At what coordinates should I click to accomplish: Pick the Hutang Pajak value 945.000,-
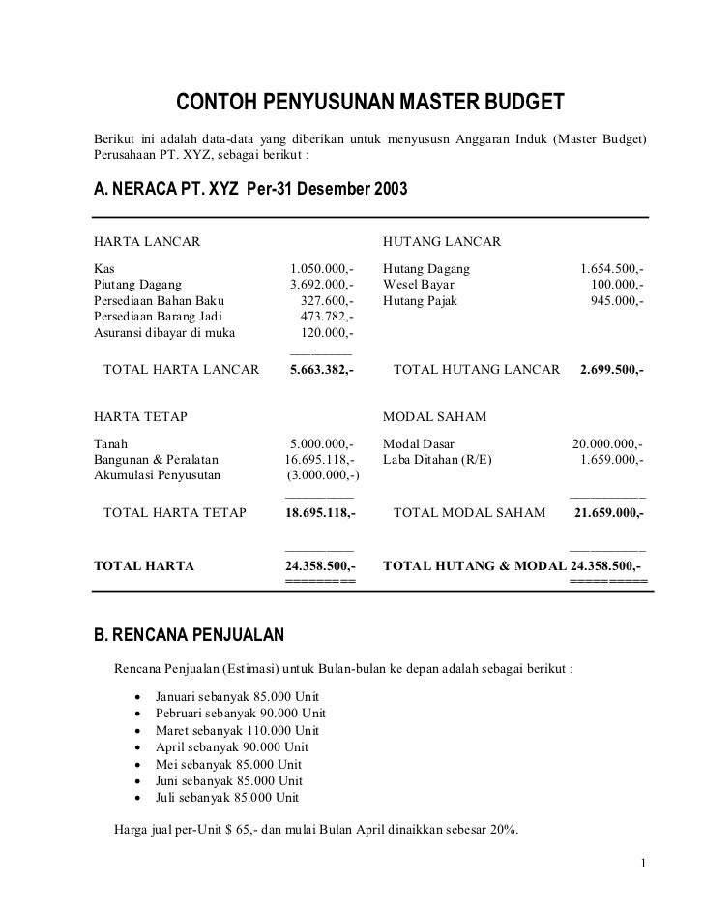[618, 300]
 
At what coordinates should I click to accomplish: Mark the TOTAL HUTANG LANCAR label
[477, 370]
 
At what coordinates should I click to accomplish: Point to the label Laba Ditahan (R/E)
[437, 459]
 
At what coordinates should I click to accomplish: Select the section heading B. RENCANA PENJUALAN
[188, 635]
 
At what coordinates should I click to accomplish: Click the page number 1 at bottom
[643, 863]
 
